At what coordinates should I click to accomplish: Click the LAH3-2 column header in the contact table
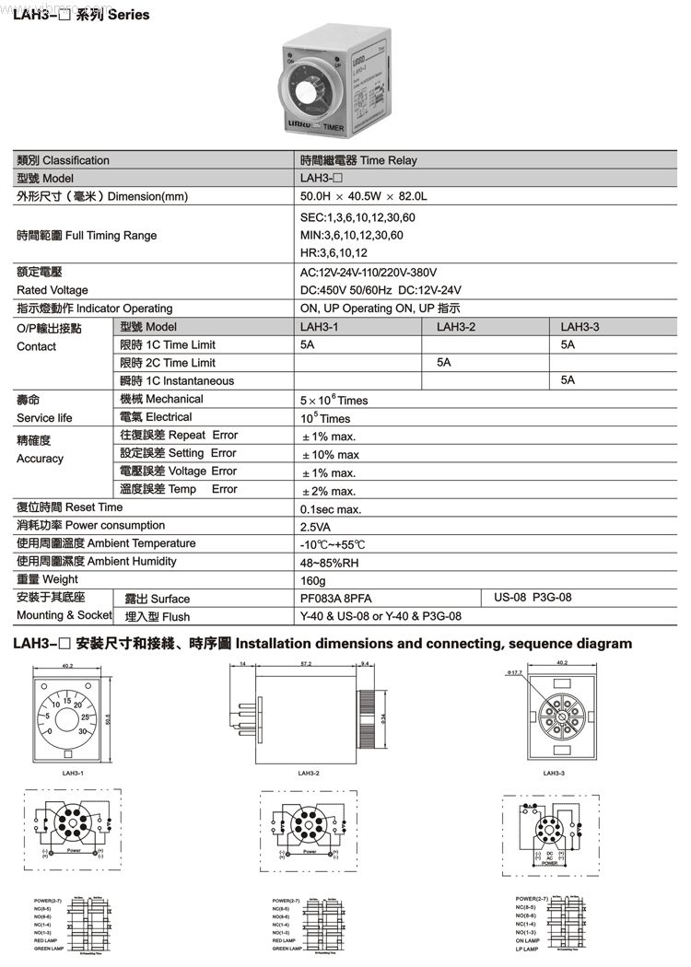click(x=456, y=327)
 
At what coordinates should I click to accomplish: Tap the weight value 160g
click(x=313, y=580)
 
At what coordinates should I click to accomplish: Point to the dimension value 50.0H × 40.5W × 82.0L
click(x=364, y=196)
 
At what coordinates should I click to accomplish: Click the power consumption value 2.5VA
click(x=317, y=526)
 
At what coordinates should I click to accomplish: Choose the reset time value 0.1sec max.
click(x=331, y=508)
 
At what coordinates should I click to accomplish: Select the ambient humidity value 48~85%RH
click(x=329, y=562)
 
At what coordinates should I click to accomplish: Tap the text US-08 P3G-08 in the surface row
click(x=533, y=598)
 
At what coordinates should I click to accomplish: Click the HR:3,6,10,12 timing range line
click(x=334, y=252)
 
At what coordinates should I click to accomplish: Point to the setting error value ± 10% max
click(x=331, y=454)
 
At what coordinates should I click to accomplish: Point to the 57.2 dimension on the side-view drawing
click(x=305, y=663)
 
